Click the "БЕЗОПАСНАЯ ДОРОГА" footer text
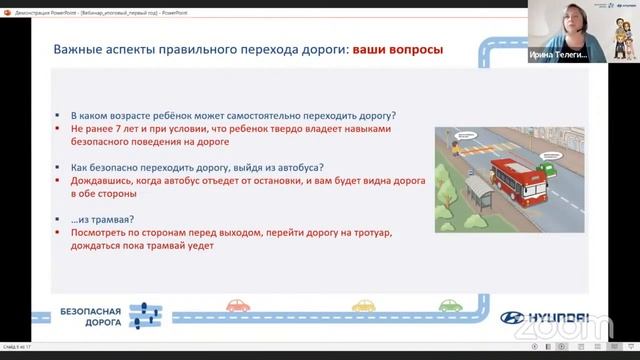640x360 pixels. click(91, 317)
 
